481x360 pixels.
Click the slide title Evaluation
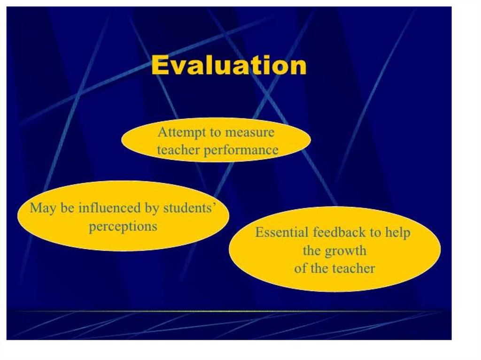229,65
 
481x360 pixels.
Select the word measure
250,132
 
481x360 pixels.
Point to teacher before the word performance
178,150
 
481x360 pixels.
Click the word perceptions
123,227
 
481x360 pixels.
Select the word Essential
282,232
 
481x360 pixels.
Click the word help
397,232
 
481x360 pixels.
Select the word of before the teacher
301,268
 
